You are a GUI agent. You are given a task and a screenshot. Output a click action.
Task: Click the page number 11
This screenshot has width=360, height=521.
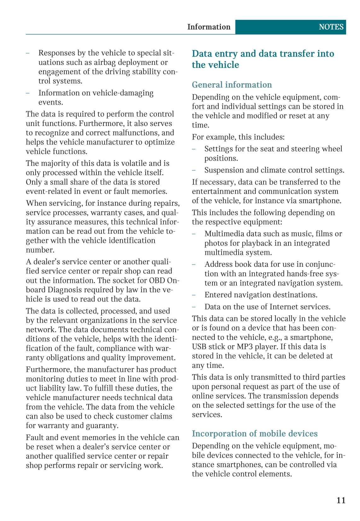click(x=341, y=500)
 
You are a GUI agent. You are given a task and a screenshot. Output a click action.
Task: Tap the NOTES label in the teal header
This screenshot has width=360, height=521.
click(x=331, y=27)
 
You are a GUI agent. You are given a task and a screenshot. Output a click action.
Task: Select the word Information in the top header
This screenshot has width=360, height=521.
click(x=209, y=27)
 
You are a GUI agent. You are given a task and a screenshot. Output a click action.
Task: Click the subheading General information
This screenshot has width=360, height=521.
click(x=232, y=85)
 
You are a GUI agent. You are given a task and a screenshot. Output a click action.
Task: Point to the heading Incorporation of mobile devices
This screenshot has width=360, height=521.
click(x=255, y=434)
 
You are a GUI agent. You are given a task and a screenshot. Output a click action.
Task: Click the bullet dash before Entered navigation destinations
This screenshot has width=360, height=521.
click(x=194, y=295)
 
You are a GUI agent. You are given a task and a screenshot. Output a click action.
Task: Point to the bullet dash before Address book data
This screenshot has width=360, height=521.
click(x=194, y=265)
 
